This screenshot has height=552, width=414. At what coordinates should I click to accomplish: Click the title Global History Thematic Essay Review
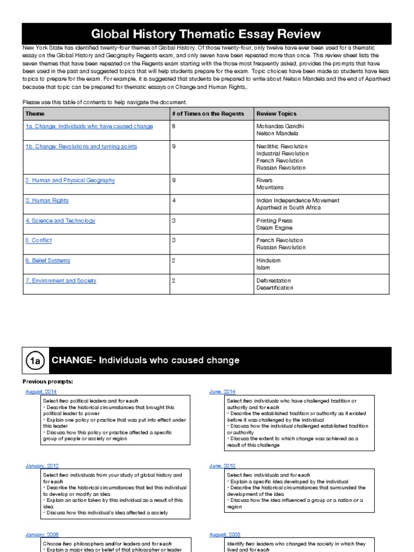tap(206, 34)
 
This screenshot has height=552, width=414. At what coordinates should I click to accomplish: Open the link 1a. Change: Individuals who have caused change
tap(89, 126)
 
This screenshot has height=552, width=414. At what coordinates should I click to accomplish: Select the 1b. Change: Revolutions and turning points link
tap(81, 146)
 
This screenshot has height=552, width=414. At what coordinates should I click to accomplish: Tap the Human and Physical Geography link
tap(70, 180)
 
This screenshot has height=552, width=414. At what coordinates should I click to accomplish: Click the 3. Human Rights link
tap(47, 201)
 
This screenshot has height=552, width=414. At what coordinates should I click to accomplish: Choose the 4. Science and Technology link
tap(60, 220)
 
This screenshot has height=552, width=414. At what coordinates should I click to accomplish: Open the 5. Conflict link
tap(39, 240)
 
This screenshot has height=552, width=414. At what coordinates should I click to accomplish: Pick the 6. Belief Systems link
tap(47, 260)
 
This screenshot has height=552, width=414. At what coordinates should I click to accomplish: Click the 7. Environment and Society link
tap(61, 280)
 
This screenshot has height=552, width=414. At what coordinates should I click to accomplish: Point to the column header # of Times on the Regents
tap(208, 114)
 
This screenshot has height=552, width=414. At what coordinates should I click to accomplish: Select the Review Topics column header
tap(276, 114)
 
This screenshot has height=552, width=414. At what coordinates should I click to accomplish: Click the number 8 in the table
tap(174, 126)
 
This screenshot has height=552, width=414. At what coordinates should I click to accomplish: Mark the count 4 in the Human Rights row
tap(174, 201)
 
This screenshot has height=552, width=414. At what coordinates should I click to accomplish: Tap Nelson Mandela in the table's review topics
tap(277, 133)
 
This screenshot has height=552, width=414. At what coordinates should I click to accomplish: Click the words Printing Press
tap(274, 220)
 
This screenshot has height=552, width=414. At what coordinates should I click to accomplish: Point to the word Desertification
tap(275, 287)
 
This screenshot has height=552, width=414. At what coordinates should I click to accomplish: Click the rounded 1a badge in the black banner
tap(35, 361)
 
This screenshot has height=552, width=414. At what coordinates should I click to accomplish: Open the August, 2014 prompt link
tap(41, 391)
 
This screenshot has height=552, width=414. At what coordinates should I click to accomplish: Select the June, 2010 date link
tap(222, 465)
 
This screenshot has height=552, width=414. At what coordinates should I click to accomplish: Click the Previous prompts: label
tap(47, 382)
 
